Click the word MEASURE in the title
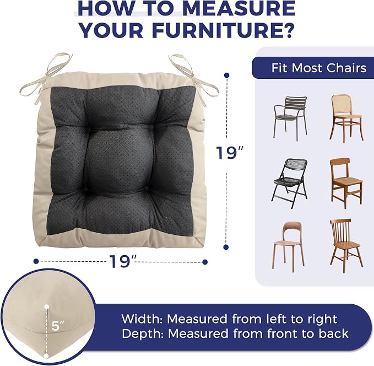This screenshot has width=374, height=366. coord(240,9)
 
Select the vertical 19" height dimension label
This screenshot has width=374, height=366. coord(230,152)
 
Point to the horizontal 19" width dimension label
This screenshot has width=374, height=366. coord(123,261)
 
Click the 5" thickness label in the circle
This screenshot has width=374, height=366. coord(58,326)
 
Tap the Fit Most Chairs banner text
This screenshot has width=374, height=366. coord(319,68)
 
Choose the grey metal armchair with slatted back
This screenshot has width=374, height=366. coord(290,118)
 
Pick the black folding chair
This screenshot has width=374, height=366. coord(290,183)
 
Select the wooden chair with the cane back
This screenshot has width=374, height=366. coord(347,119)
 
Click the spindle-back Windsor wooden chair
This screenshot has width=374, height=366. coord(346,246)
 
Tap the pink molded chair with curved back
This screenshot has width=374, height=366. coord(288,247)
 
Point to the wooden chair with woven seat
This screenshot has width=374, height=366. coord(346,184)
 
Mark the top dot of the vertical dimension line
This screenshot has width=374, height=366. coord(227,75)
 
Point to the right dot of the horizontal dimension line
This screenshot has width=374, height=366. coord(205,262)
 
